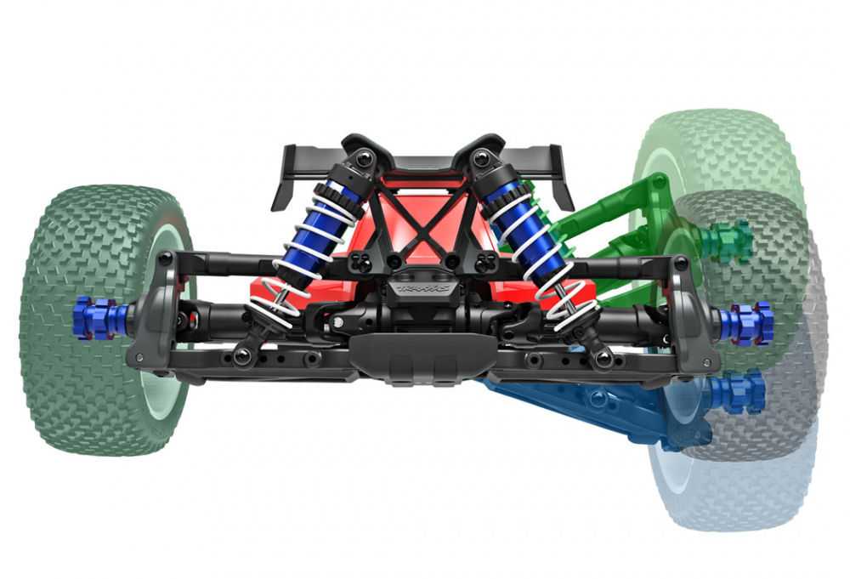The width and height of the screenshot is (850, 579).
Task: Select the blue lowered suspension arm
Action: (x=595, y=408)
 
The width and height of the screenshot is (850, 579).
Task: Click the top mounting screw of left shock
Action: (x=364, y=157)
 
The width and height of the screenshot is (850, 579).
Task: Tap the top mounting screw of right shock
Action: (x=484, y=157)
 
